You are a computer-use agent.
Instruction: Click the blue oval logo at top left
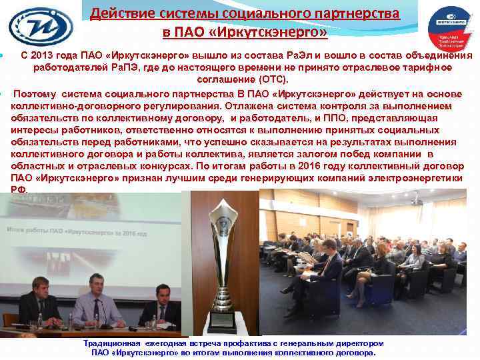(x=41, y=25)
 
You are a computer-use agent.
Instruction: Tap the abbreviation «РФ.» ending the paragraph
(x=19, y=190)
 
